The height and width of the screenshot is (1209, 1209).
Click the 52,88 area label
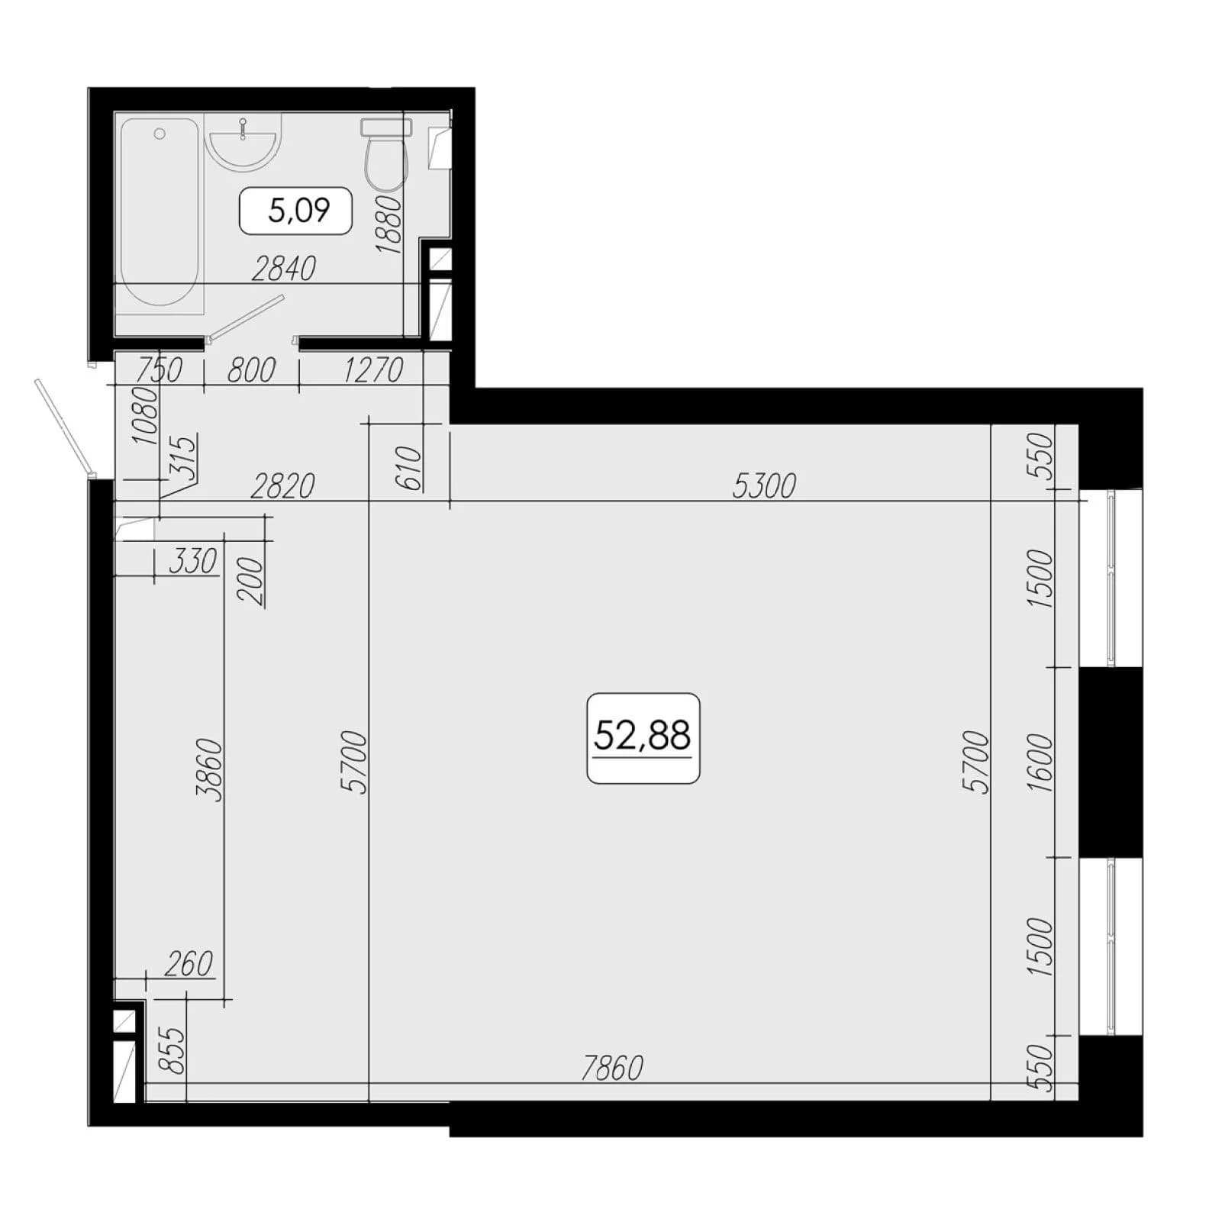(643, 737)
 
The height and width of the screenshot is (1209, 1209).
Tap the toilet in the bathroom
(386, 155)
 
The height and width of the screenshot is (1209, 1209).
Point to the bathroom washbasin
(243, 142)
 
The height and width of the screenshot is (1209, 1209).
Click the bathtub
(160, 211)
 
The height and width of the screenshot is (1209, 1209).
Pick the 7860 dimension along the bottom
(612, 1068)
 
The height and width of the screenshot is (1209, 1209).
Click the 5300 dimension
(764, 485)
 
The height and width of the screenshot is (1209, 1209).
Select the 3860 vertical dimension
(208, 769)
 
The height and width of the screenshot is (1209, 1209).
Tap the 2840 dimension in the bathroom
(283, 269)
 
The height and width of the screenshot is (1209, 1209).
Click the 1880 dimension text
(388, 224)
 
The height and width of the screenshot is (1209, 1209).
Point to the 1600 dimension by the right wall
(1040, 762)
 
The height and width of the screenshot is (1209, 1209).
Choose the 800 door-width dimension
(251, 370)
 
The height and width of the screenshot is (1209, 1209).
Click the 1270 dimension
(373, 370)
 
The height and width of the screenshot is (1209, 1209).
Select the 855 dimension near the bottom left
(175, 1051)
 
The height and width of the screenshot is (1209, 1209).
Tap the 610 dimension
(409, 467)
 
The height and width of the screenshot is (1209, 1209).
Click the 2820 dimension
(283, 485)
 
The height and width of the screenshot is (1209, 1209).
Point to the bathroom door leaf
(247, 317)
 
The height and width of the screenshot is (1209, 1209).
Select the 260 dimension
(189, 964)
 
